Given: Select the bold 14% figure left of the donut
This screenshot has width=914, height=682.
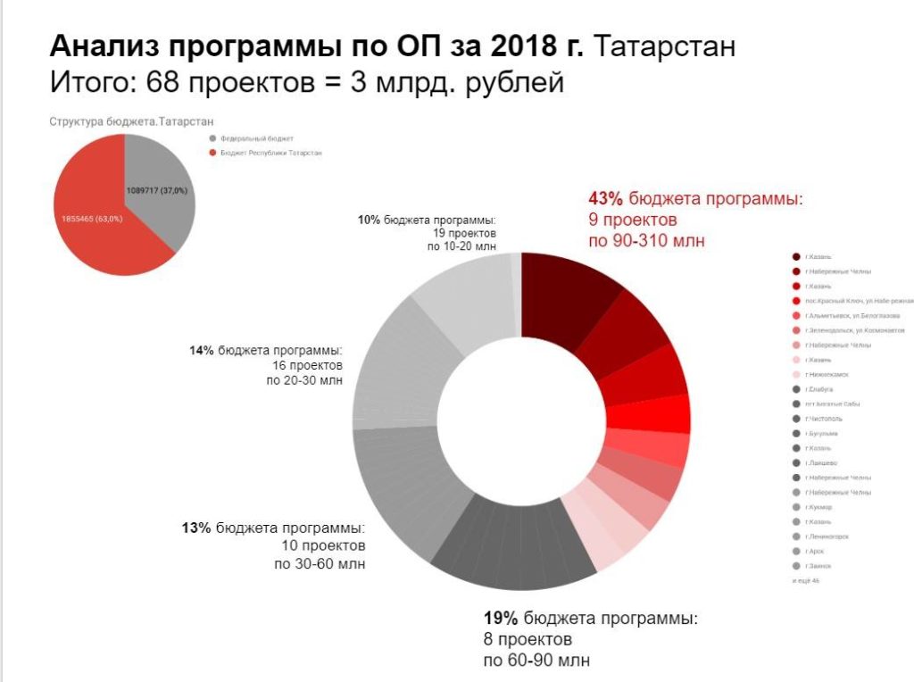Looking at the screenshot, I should click(203, 351).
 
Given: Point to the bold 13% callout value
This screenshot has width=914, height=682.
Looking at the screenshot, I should click(195, 528).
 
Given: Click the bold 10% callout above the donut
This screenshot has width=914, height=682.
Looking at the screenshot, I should click(369, 219).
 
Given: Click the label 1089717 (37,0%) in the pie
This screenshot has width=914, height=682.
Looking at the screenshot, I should click(162, 191).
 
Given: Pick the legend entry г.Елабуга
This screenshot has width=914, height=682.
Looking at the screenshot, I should click(820, 389).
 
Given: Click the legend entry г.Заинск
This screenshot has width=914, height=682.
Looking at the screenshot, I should click(819, 566).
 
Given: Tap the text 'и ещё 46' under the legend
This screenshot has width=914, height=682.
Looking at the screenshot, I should click(806, 581).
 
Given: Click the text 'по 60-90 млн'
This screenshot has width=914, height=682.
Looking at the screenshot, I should click(536, 661).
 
